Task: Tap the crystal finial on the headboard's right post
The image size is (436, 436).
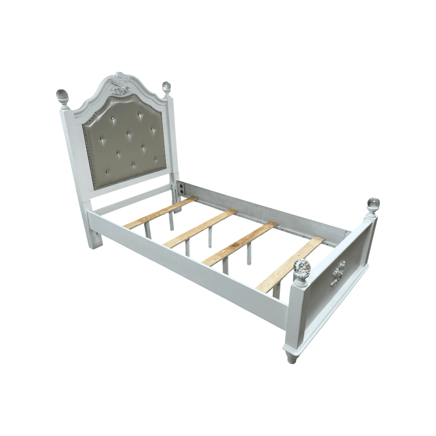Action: coord(166,87)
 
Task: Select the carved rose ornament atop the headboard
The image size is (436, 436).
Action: coord(120,79)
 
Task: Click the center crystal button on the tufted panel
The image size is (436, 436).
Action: coord(128,134)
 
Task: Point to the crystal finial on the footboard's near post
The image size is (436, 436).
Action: coord(302,268)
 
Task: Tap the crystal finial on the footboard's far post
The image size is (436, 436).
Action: coord(373,203)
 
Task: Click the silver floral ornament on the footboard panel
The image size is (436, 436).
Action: coord(338,273)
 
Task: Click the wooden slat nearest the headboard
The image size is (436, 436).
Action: coord(161,212)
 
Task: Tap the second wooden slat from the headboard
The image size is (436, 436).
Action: coord(201,228)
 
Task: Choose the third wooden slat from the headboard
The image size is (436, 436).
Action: coord(240,243)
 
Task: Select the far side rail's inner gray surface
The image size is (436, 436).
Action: coord(262,210)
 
